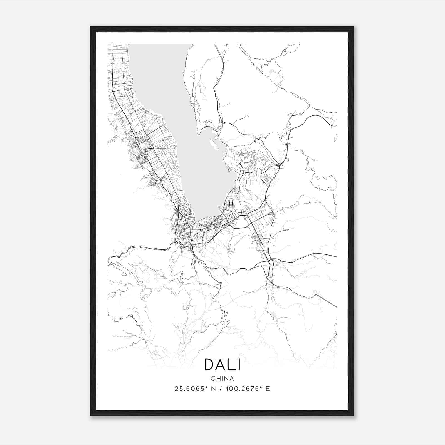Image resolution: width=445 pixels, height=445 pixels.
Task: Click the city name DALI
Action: [x=222, y=365]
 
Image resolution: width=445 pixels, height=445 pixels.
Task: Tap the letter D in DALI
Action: [x=209, y=365]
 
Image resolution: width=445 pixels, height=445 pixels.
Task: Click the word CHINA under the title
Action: [x=222, y=379]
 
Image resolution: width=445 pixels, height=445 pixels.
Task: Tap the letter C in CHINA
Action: [x=212, y=379]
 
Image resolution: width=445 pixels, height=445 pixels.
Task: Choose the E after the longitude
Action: [x=268, y=389]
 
